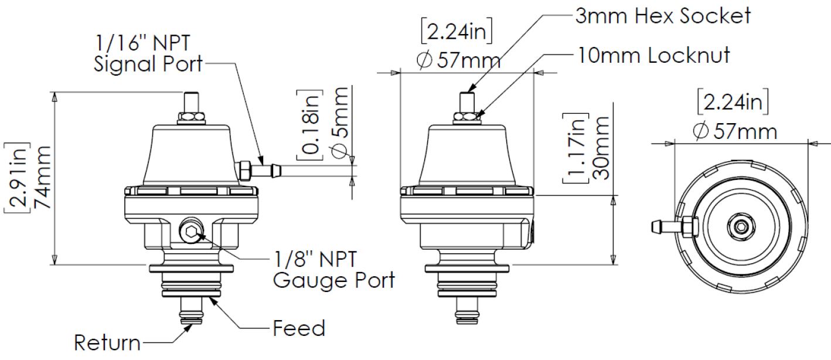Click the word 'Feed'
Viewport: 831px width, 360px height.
(x=299, y=328)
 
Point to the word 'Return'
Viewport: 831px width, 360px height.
(x=107, y=342)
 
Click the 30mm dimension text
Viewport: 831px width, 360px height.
(x=600, y=150)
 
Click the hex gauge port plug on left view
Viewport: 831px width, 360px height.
(x=191, y=234)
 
